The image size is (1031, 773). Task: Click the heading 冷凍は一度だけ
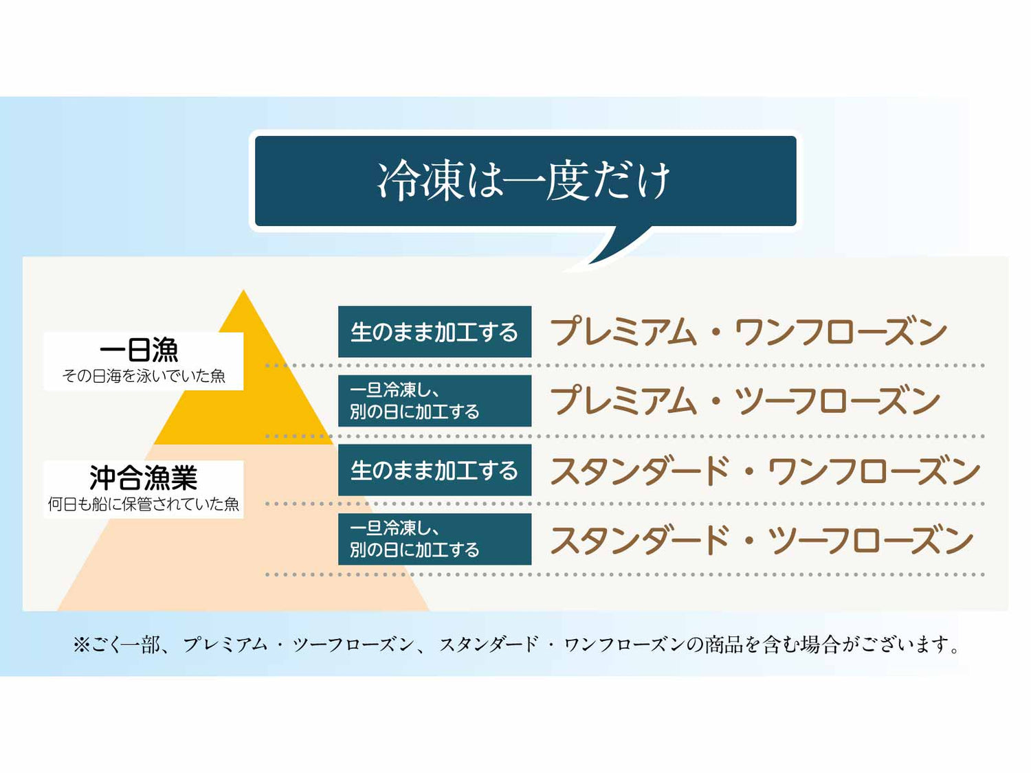click(x=524, y=181)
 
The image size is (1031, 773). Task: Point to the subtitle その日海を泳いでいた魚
click(x=144, y=376)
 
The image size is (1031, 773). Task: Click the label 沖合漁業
click(x=143, y=478)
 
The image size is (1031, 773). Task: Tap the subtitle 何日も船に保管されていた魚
click(x=144, y=504)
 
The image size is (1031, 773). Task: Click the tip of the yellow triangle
click(x=243, y=294)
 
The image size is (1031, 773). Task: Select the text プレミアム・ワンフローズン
click(x=749, y=333)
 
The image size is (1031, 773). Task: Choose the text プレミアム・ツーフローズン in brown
click(x=745, y=401)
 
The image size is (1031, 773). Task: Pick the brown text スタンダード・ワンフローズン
click(x=765, y=471)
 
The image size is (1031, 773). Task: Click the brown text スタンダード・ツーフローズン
click(x=762, y=540)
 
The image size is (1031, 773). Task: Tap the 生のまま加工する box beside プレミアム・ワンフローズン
click(x=434, y=332)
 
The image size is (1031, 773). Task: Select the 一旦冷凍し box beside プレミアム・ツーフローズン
click(x=434, y=401)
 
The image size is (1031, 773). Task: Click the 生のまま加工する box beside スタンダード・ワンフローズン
click(x=434, y=470)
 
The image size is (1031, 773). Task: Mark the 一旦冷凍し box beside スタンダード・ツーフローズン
click(x=434, y=539)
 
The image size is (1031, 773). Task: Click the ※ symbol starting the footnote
click(x=81, y=645)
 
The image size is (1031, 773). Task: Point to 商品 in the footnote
click(x=724, y=645)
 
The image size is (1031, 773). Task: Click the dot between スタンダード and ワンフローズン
click(x=749, y=473)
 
